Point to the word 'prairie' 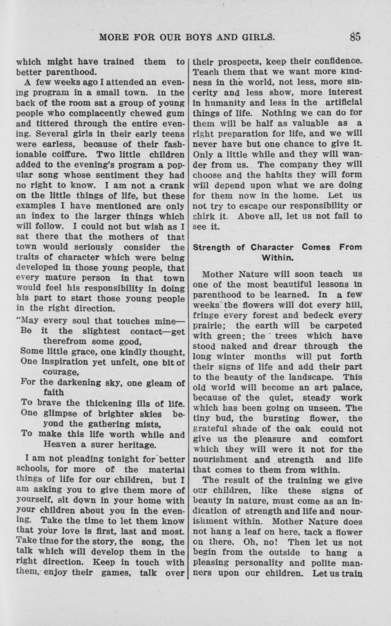[x=210, y=326]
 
